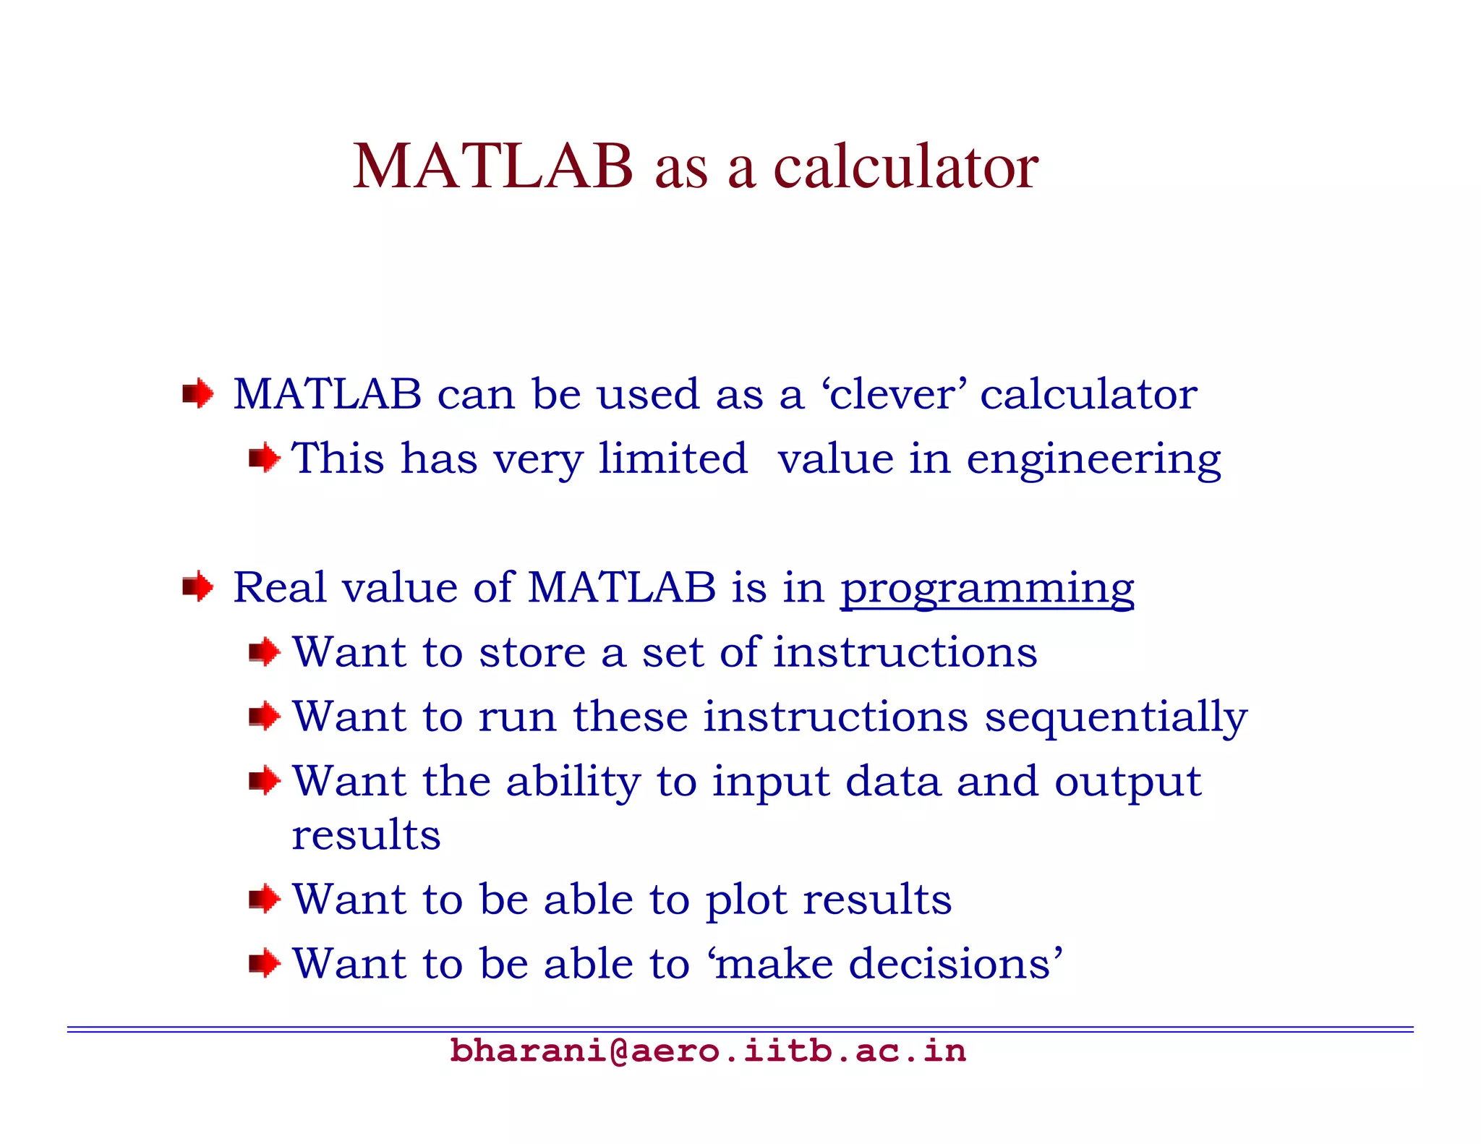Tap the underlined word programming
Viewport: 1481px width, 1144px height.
tap(986, 588)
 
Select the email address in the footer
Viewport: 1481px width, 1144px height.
tap(708, 1051)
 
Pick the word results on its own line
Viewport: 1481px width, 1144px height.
tap(366, 835)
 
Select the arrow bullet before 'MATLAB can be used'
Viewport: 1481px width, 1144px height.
tap(197, 394)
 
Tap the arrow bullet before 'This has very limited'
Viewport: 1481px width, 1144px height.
tap(264, 458)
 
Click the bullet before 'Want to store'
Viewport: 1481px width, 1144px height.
tap(264, 652)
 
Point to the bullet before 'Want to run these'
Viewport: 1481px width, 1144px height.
tap(264, 717)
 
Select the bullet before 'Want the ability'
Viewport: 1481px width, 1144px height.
tap(264, 781)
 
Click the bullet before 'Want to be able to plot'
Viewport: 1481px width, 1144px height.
tap(264, 899)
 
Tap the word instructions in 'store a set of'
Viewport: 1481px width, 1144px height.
tap(905, 652)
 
